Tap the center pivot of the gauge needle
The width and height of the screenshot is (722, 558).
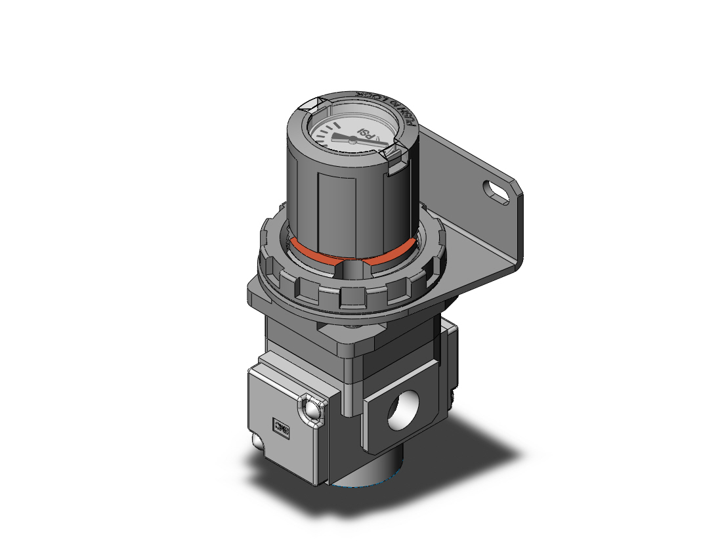pos(353,139)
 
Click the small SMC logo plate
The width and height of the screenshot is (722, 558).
pos(282,430)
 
